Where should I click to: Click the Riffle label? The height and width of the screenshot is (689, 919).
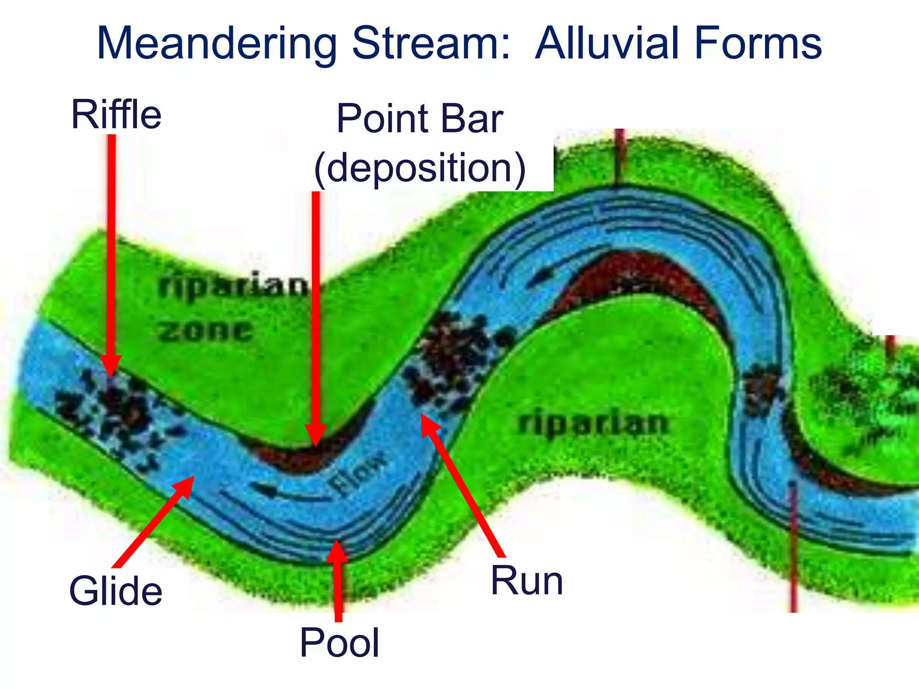tap(116, 115)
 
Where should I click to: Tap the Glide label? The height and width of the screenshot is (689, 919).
tap(116, 591)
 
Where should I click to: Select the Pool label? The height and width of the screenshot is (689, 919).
tap(340, 643)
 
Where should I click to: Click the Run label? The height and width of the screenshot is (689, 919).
tap(527, 581)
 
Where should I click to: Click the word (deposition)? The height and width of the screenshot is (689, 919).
tap(420, 168)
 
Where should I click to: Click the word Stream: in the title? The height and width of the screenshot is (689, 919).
tap(431, 44)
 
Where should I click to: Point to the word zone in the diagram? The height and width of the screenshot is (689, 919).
tap(205, 331)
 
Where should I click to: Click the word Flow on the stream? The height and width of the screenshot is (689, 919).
tap(357, 473)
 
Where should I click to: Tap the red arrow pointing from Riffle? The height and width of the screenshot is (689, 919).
tap(111, 251)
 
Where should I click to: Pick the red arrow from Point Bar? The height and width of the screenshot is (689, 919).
tap(316, 314)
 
